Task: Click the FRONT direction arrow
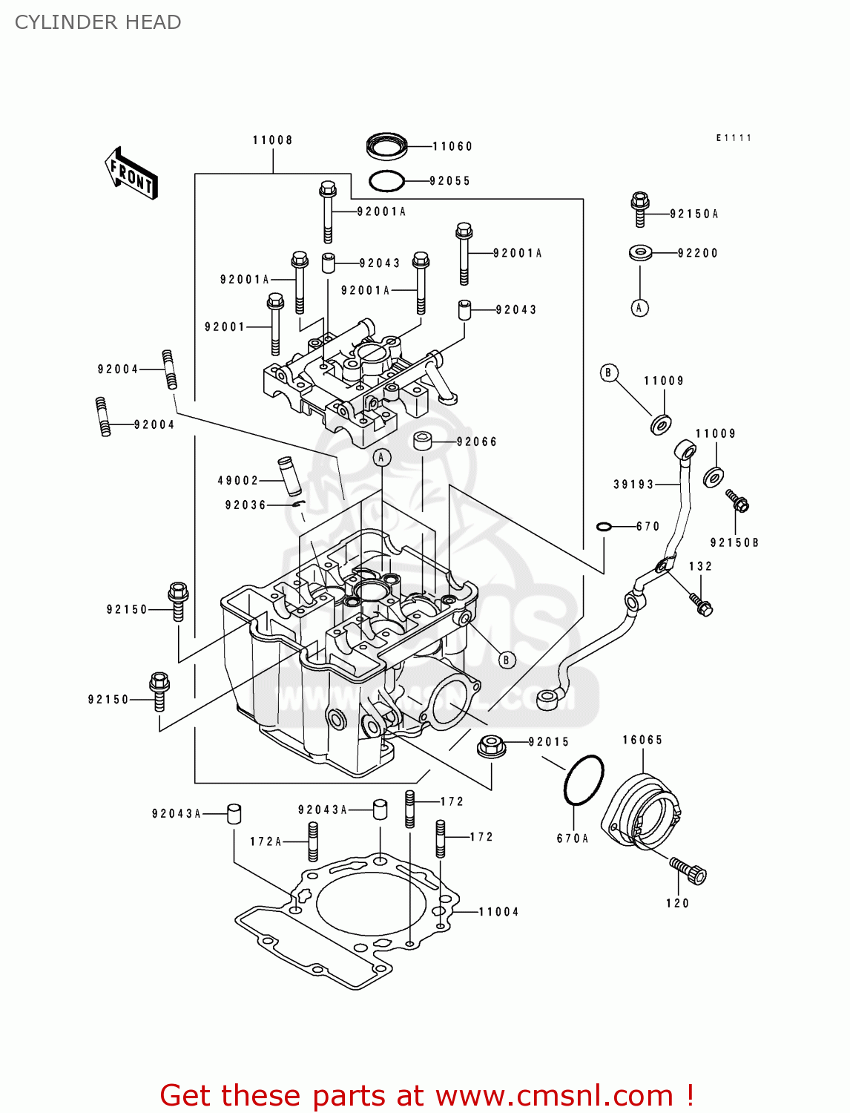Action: coord(131,174)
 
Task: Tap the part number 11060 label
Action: coord(452,146)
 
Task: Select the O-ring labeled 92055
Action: coord(386,180)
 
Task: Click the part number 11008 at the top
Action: coord(272,140)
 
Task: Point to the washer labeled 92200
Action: coord(641,253)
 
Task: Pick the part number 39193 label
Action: coord(633,485)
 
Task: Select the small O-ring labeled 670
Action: coord(604,527)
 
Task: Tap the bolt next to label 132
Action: coord(701,604)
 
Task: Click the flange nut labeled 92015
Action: coord(491,745)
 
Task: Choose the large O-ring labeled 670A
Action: coord(584,780)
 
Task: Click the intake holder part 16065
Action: coord(643,810)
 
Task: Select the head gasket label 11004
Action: coord(498,912)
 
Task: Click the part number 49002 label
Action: coord(237,481)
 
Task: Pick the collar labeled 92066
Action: coord(423,441)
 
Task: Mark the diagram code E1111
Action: coord(734,138)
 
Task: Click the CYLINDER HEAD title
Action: coord(98,22)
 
